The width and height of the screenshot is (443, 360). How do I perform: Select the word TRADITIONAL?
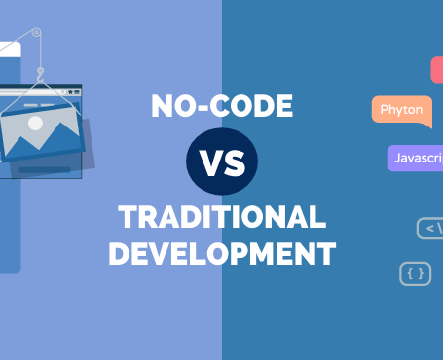tap(221, 216)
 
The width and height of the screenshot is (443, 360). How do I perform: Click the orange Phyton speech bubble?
tap(401, 110)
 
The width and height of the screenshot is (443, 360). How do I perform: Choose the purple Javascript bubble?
tap(415, 157)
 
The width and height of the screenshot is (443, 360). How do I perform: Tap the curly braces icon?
tap(415, 274)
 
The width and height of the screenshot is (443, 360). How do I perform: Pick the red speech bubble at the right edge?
tap(437, 69)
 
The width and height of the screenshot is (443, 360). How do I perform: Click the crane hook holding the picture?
tap(40, 69)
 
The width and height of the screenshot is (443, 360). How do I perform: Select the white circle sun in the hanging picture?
tap(35, 124)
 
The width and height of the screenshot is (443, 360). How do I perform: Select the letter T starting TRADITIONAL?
tap(125, 216)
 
